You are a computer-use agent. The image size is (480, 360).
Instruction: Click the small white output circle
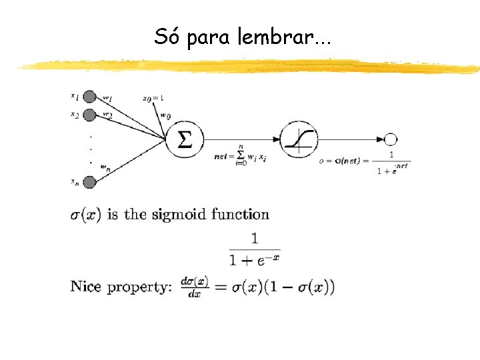[391, 139]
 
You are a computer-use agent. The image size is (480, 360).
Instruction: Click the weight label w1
[107, 97]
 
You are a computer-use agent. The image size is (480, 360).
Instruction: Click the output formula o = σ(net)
[365, 161]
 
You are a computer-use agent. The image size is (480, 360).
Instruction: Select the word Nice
[86, 287]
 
